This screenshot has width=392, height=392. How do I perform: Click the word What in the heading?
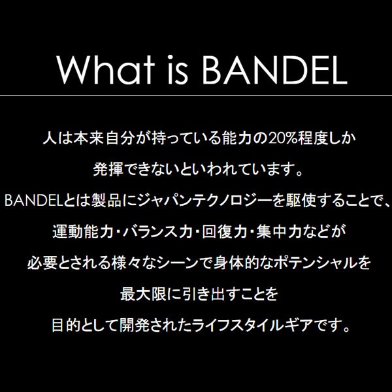[x=105, y=69]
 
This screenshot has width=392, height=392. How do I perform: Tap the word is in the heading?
[x=178, y=69]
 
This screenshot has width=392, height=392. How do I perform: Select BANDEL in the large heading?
[x=274, y=70]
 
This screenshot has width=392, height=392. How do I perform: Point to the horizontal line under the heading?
[x=196, y=95]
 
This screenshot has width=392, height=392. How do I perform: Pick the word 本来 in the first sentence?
[x=88, y=139]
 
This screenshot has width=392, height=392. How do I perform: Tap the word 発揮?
[x=108, y=169]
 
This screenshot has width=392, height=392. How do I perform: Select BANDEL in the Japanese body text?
[x=33, y=201]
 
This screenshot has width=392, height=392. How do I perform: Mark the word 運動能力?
[x=83, y=232]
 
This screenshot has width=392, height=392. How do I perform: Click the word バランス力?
[x=157, y=232]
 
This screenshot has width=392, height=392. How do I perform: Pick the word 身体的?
[x=237, y=263]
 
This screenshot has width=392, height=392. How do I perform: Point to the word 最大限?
[x=143, y=294]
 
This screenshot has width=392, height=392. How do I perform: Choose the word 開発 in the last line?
[x=135, y=325]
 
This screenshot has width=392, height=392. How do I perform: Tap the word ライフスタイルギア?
[x=252, y=325]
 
